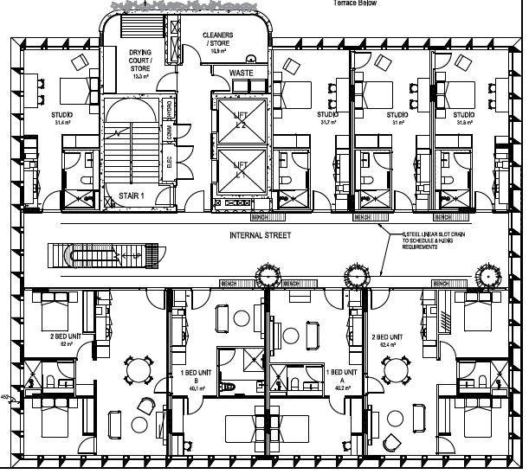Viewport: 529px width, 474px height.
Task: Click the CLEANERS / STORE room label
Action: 218,40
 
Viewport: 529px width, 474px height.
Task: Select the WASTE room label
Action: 242,74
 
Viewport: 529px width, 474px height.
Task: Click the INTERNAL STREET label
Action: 260,235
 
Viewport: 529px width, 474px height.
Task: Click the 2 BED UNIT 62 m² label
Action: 64,339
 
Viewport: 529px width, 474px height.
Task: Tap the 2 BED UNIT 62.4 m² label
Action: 385,340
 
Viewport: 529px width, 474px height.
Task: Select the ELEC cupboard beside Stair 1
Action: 170,160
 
